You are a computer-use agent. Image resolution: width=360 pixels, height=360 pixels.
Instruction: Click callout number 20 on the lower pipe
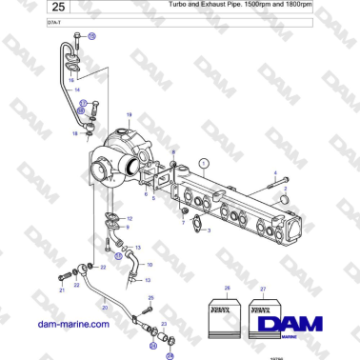104,308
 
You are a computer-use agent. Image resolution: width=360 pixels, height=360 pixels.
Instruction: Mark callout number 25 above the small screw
150,298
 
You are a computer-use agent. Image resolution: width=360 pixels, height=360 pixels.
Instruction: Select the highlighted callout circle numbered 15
92,35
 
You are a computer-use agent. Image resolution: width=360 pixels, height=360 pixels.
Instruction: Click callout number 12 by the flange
129,219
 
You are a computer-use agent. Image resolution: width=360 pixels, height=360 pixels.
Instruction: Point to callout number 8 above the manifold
173,152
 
